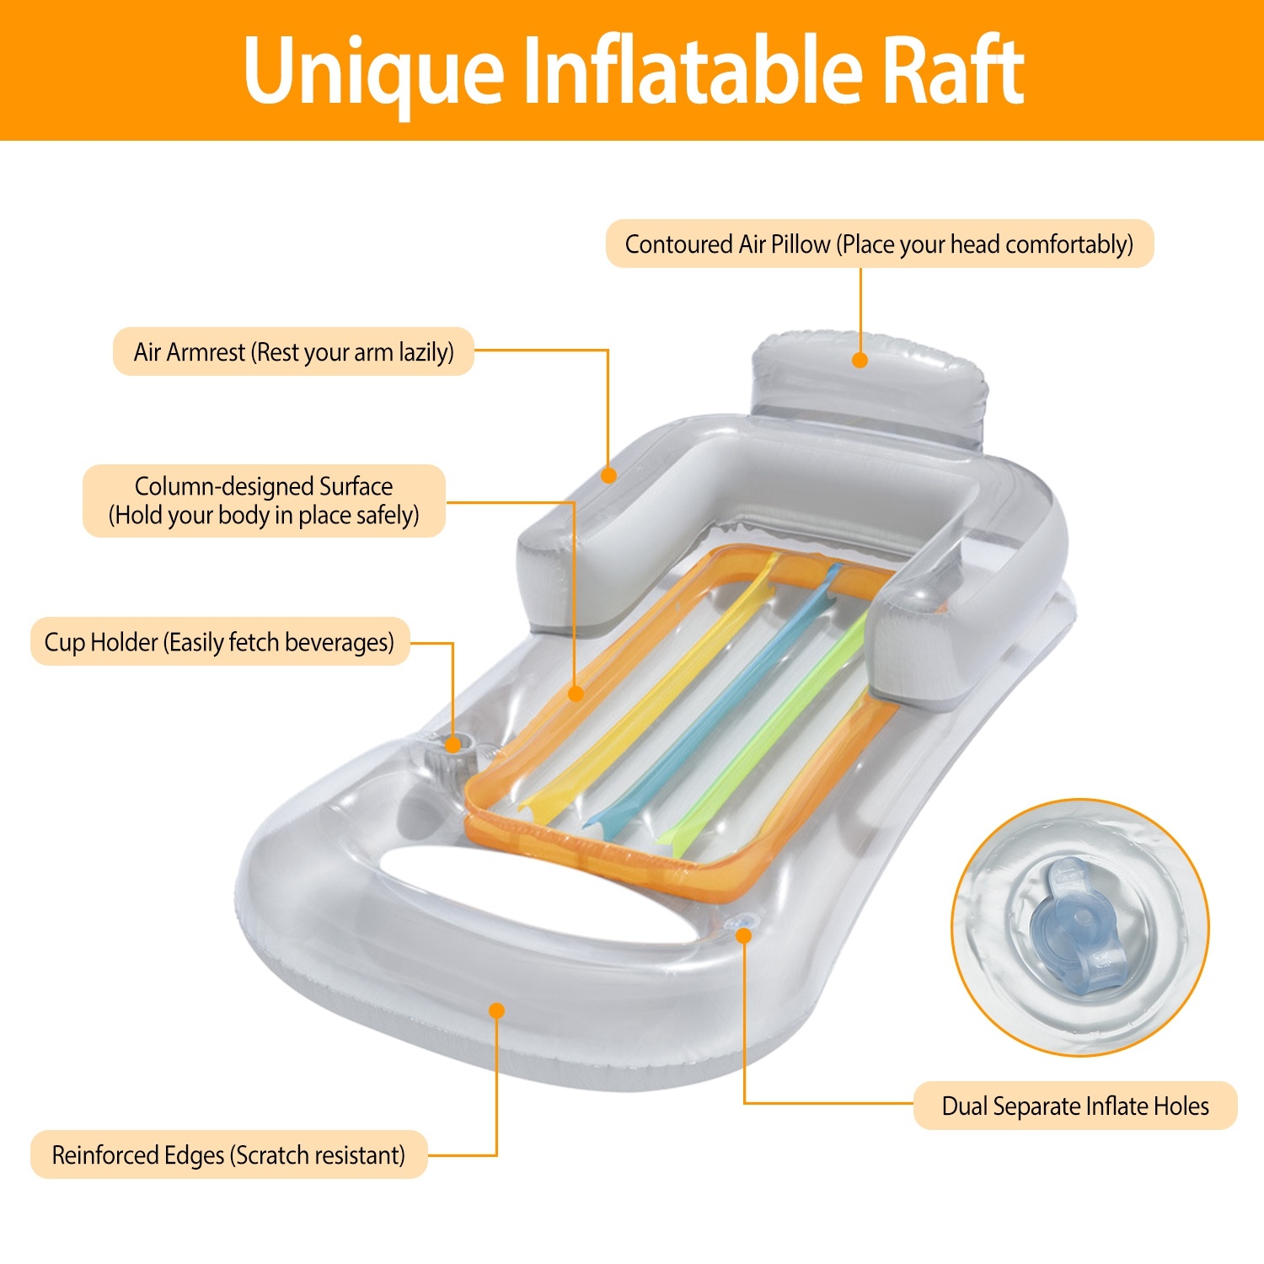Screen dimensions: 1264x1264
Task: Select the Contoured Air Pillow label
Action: (x=879, y=244)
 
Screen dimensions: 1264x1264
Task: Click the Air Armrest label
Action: (x=293, y=351)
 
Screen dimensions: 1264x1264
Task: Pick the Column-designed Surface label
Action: (x=264, y=501)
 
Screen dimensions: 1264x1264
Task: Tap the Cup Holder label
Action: (x=219, y=642)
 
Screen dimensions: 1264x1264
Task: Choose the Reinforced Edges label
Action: (x=228, y=1154)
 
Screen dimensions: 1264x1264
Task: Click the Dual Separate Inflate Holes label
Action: (x=1074, y=1106)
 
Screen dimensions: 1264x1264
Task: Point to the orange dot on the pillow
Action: (x=860, y=361)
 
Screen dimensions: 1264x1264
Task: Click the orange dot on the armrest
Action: (x=608, y=475)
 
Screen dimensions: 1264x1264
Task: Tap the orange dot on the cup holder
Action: (x=453, y=745)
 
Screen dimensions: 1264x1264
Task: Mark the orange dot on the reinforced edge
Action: (x=497, y=1010)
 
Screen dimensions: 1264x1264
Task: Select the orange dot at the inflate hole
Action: (x=743, y=935)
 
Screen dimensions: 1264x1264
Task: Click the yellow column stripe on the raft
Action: (x=657, y=691)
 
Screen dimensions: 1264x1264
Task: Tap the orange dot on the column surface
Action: (x=576, y=694)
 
